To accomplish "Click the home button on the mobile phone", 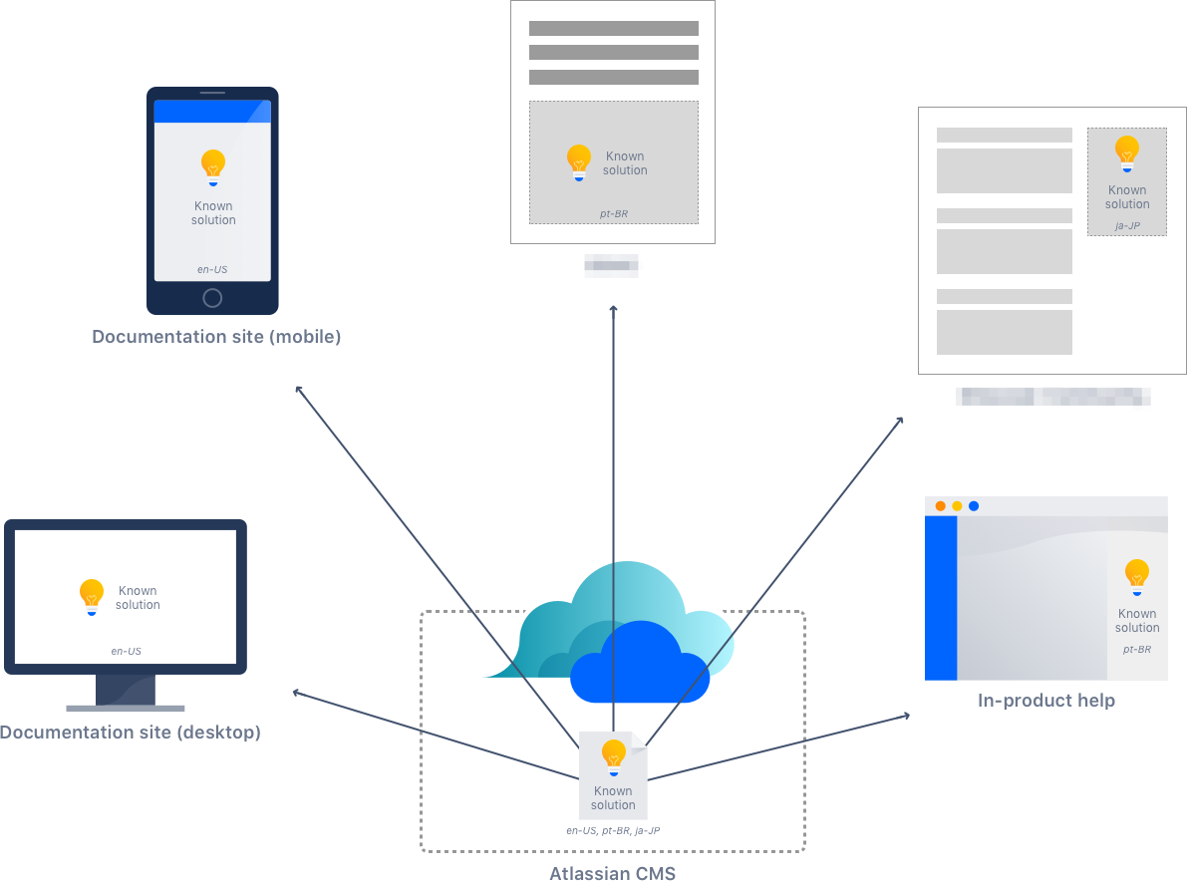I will [212, 298].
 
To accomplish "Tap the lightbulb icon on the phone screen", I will [212, 166].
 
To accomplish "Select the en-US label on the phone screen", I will [212, 269].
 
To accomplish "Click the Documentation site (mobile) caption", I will [216, 337].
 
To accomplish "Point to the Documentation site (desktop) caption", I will [131, 733].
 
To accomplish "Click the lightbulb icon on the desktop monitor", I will [92, 596].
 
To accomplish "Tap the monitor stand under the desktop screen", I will [126, 692].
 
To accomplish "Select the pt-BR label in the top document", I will [614, 213].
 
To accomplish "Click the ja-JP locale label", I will [1127, 226].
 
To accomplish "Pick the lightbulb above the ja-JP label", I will [1127, 152].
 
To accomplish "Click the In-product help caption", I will [1046, 701].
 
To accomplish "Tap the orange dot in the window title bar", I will [940, 506].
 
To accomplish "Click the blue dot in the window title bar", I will [974, 506].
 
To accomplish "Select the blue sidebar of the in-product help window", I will [941, 598].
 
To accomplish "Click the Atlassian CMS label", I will [613, 874].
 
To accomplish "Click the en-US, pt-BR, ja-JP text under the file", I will [613, 829].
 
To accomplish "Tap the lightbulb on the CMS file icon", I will [613, 756].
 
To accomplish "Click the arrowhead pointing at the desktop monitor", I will [295, 692].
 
